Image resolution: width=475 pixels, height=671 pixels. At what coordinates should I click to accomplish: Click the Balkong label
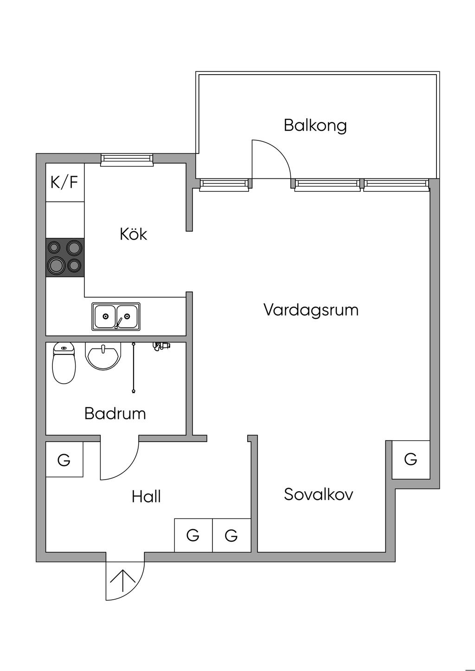tap(315, 126)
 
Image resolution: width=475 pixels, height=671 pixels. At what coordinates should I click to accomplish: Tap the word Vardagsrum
tap(311, 310)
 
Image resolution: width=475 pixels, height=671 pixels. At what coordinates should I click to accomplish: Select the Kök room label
tap(133, 234)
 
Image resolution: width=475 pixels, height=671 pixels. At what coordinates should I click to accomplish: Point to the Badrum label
tap(115, 413)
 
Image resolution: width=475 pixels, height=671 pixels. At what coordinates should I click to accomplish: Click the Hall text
tap(146, 497)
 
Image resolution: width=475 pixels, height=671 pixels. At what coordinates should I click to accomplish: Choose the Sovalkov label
tap(318, 494)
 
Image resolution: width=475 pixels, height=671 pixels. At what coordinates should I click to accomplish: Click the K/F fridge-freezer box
tap(64, 182)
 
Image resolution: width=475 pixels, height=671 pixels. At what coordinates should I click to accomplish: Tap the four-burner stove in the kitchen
tap(65, 258)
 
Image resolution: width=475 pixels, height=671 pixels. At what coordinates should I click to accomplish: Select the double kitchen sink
tap(116, 317)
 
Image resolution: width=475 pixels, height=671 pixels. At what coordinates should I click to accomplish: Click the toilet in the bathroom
tap(64, 363)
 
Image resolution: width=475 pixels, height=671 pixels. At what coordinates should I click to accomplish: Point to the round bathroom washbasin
tap(103, 356)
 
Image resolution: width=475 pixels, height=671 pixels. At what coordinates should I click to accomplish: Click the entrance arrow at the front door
tap(122, 581)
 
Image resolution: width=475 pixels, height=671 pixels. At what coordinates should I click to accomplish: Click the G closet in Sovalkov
tap(411, 459)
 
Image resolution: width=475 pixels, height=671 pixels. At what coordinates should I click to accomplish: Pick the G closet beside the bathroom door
tap(64, 460)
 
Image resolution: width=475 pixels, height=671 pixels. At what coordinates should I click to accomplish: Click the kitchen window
tap(127, 160)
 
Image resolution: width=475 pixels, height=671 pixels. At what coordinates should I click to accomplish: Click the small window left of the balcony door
tap(225, 184)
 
